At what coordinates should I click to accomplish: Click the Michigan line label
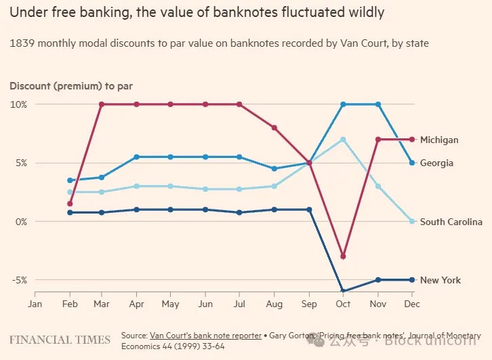[x=439, y=140]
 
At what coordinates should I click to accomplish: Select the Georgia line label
[x=436, y=163]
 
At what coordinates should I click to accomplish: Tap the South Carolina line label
[x=451, y=222]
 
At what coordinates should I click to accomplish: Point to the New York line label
[x=440, y=280]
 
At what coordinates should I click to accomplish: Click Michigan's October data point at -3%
[x=343, y=256]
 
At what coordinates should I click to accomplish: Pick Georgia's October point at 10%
[x=343, y=104]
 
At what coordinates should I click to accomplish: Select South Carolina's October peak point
[x=343, y=140]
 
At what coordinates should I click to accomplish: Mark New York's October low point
[x=343, y=291]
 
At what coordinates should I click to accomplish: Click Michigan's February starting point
[x=70, y=203]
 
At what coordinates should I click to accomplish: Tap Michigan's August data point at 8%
[x=274, y=127]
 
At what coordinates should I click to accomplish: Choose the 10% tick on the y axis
[x=18, y=104]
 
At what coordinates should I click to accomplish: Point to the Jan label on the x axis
[x=35, y=304]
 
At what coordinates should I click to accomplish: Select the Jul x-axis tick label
[x=239, y=304]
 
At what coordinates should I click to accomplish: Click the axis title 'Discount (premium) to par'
[x=70, y=86]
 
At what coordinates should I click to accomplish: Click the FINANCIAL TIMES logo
[x=60, y=339]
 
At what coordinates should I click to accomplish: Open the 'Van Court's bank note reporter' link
[x=205, y=335]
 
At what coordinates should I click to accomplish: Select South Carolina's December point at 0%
[x=411, y=222]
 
